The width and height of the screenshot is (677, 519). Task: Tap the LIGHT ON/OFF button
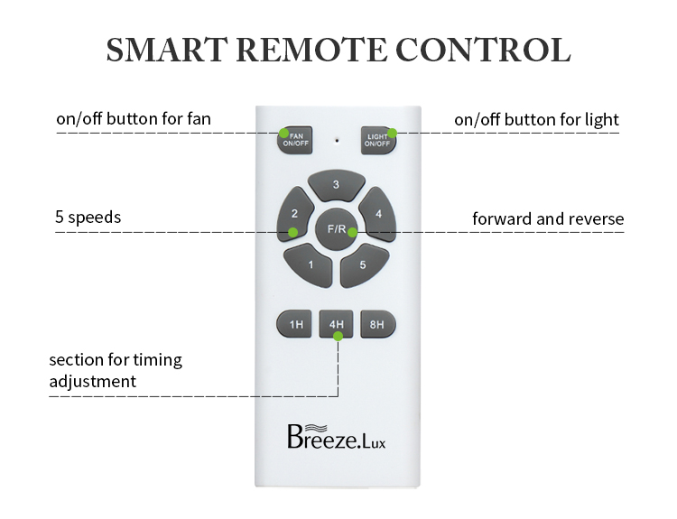tap(378, 140)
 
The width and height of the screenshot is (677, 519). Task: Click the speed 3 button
tap(337, 185)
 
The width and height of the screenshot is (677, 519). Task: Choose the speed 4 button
tap(378, 214)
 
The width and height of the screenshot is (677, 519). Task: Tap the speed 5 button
tap(363, 265)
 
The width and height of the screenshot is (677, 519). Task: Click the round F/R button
tap(337, 229)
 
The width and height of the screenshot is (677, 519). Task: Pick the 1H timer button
tap(294, 324)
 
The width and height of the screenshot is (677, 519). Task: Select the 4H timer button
tap(337, 324)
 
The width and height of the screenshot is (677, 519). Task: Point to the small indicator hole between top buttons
tap(337, 140)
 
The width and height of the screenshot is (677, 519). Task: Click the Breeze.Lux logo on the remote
tap(337, 437)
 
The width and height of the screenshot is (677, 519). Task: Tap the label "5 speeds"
tap(88, 218)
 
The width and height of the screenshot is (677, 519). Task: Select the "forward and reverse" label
tap(548, 218)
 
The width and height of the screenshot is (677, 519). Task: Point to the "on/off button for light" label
tap(537, 120)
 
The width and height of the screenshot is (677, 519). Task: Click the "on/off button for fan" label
tap(134, 119)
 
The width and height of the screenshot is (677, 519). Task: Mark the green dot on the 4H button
tap(338, 336)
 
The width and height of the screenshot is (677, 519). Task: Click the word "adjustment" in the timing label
tap(93, 382)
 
